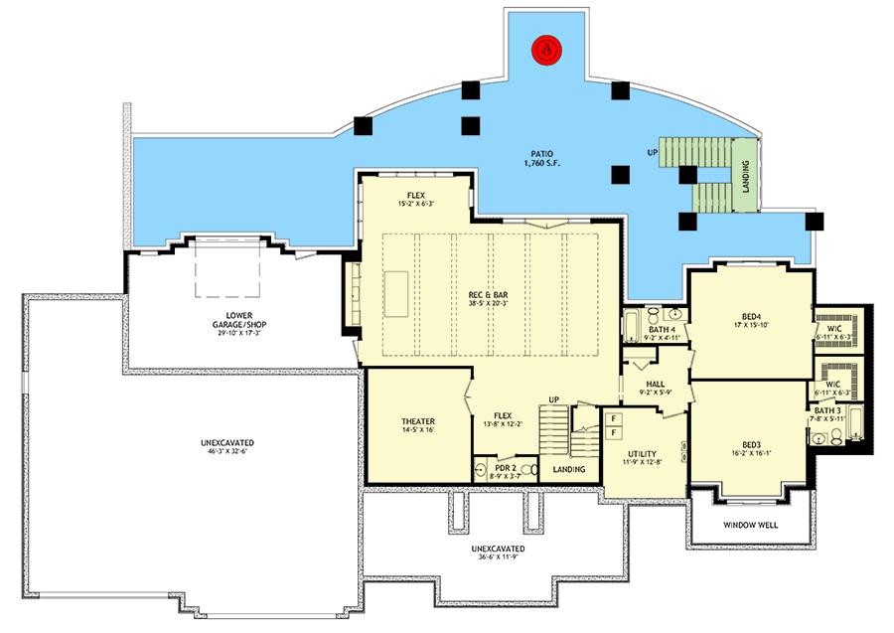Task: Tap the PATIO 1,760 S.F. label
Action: [540, 160]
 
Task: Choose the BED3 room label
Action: [751, 445]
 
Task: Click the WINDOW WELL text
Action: [750, 525]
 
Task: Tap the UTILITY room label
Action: [640, 456]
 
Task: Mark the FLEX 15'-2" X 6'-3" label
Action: [414, 199]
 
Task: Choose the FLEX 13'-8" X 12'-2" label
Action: [504, 421]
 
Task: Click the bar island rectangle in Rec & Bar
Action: [397, 293]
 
